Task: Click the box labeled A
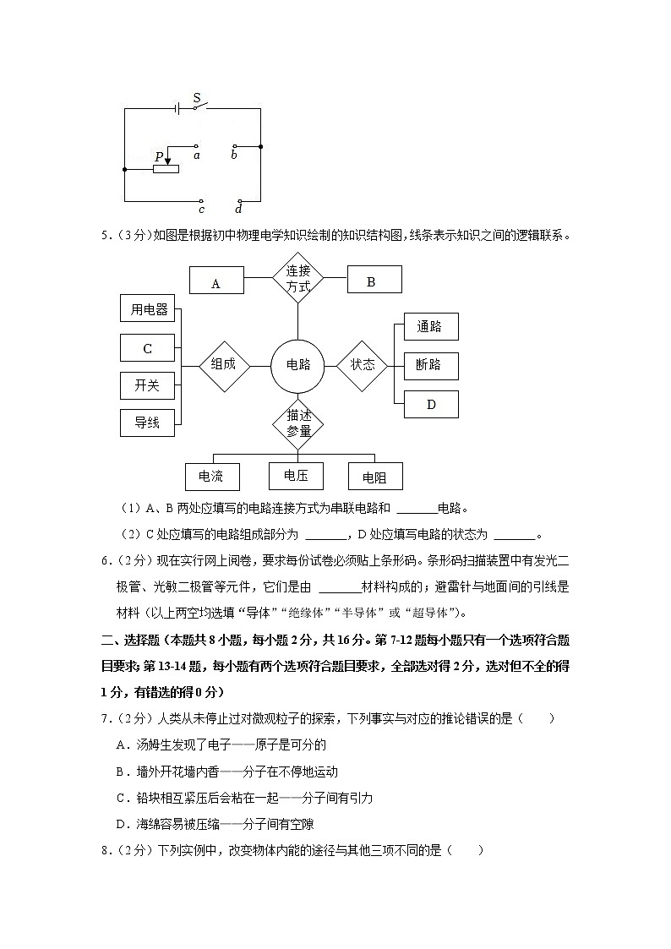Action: [x=215, y=281]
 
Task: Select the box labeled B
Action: [x=371, y=281]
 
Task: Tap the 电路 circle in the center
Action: [x=298, y=365]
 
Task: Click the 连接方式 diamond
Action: [x=298, y=279]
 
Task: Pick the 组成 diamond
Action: [x=223, y=365]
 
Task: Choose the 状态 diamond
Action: [x=363, y=365]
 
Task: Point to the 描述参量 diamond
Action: [x=298, y=423]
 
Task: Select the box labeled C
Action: [x=147, y=347]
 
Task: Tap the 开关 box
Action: [x=147, y=385]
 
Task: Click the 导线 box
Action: [x=147, y=422]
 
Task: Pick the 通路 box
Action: [x=430, y=327]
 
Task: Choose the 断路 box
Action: [x=430, y=365]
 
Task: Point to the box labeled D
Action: [x=430, y=404]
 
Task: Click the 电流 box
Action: [x=211, y=477]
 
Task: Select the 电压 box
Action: [x=296, y=475]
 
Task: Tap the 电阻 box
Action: [x=374, y=477]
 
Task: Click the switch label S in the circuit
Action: [x=197, y=98]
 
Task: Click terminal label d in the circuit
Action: [x=238, y=209]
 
